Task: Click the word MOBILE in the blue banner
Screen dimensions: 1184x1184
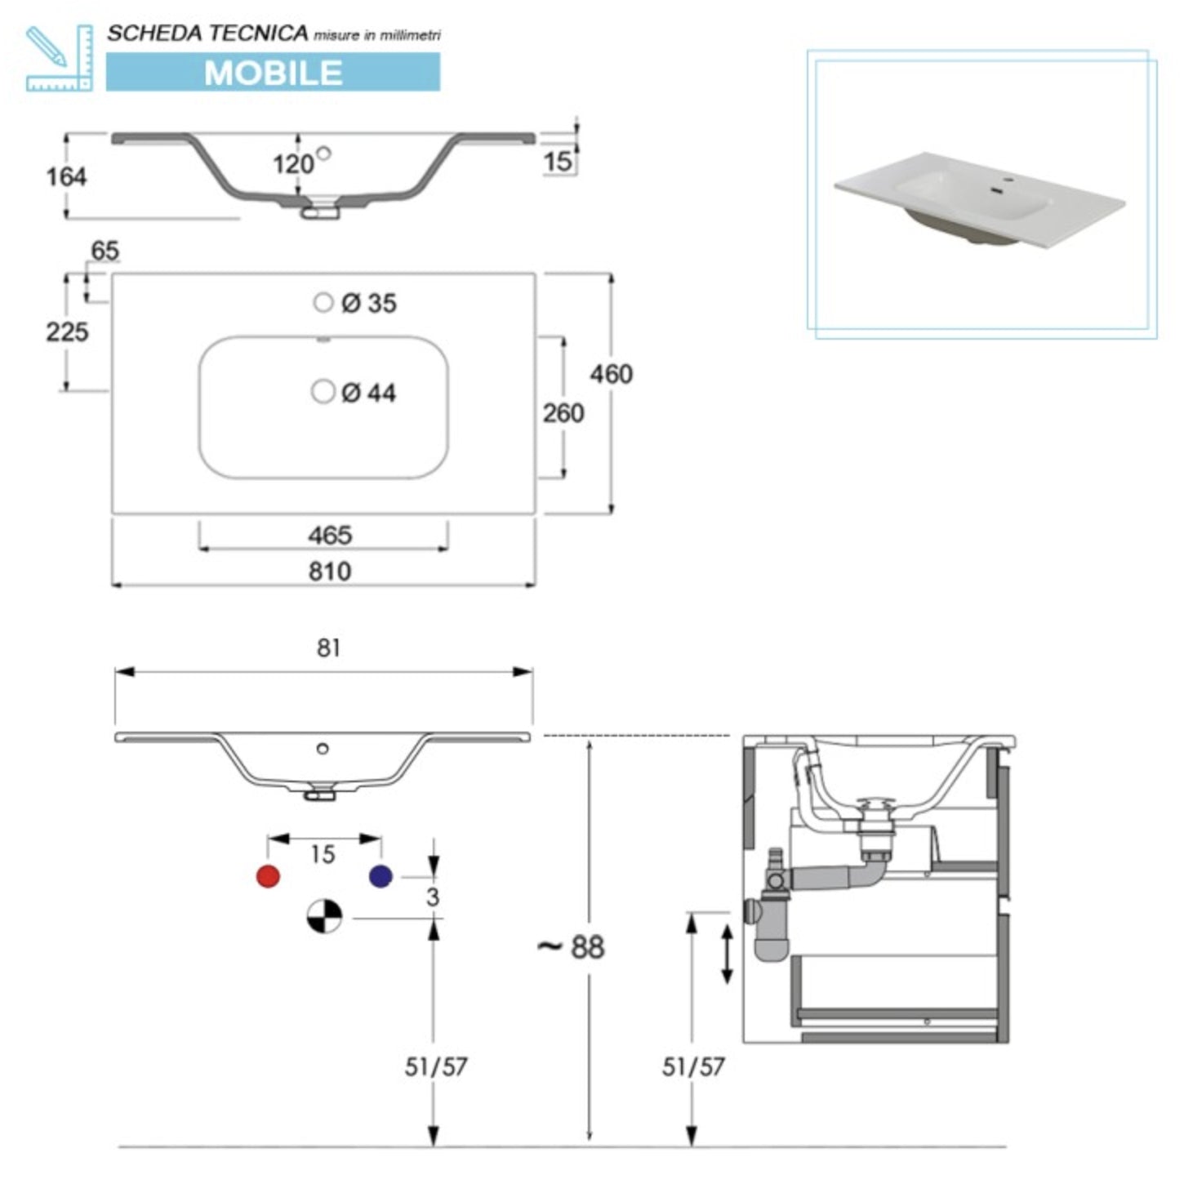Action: tap(273, 73)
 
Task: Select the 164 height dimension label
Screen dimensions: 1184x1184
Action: tap(66, 176)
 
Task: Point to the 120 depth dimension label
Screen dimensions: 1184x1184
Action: tap(292, 164)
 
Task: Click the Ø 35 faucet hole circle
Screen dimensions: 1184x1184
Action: tap(323, 302)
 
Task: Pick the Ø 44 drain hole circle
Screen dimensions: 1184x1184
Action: tap(323, 392)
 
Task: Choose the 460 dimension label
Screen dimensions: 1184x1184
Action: tap(611, 374)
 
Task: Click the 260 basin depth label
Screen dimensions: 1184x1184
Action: tap(563, 413)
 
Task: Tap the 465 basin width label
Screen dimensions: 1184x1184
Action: tap(330, 536)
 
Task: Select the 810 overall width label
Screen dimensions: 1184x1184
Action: tap(330, 572)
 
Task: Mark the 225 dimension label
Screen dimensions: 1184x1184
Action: tap(67, 332)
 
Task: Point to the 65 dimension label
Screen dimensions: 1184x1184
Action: tap(105, 251)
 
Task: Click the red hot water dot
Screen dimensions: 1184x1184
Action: tap(268, 876)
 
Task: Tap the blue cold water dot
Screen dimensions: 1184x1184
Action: tap(381, 876)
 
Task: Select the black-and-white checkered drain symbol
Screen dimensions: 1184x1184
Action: tap(324, 916)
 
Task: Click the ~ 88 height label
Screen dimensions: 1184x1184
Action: tap(572, 947)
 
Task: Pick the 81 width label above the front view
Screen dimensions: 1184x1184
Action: tap(328, 648)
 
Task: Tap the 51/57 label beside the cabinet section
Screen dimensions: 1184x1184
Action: tap(693, 1066)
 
